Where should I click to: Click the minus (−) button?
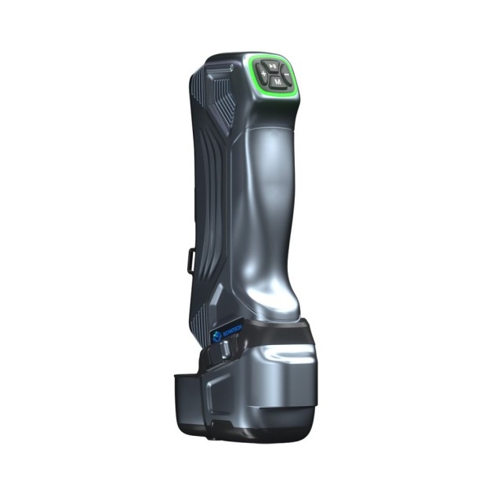[286, 76]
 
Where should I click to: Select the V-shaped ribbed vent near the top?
[222, 98]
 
